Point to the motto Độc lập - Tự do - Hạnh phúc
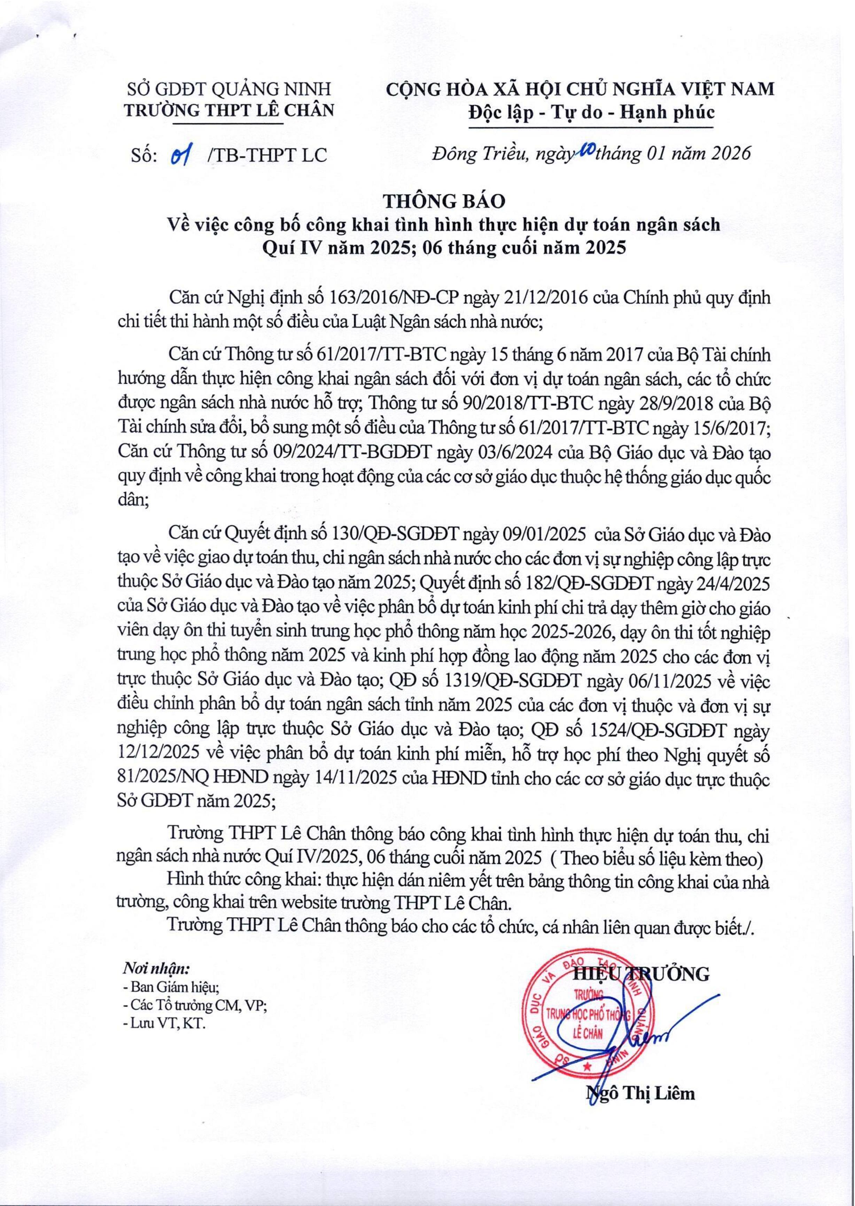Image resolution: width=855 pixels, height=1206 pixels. pos(592,112)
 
